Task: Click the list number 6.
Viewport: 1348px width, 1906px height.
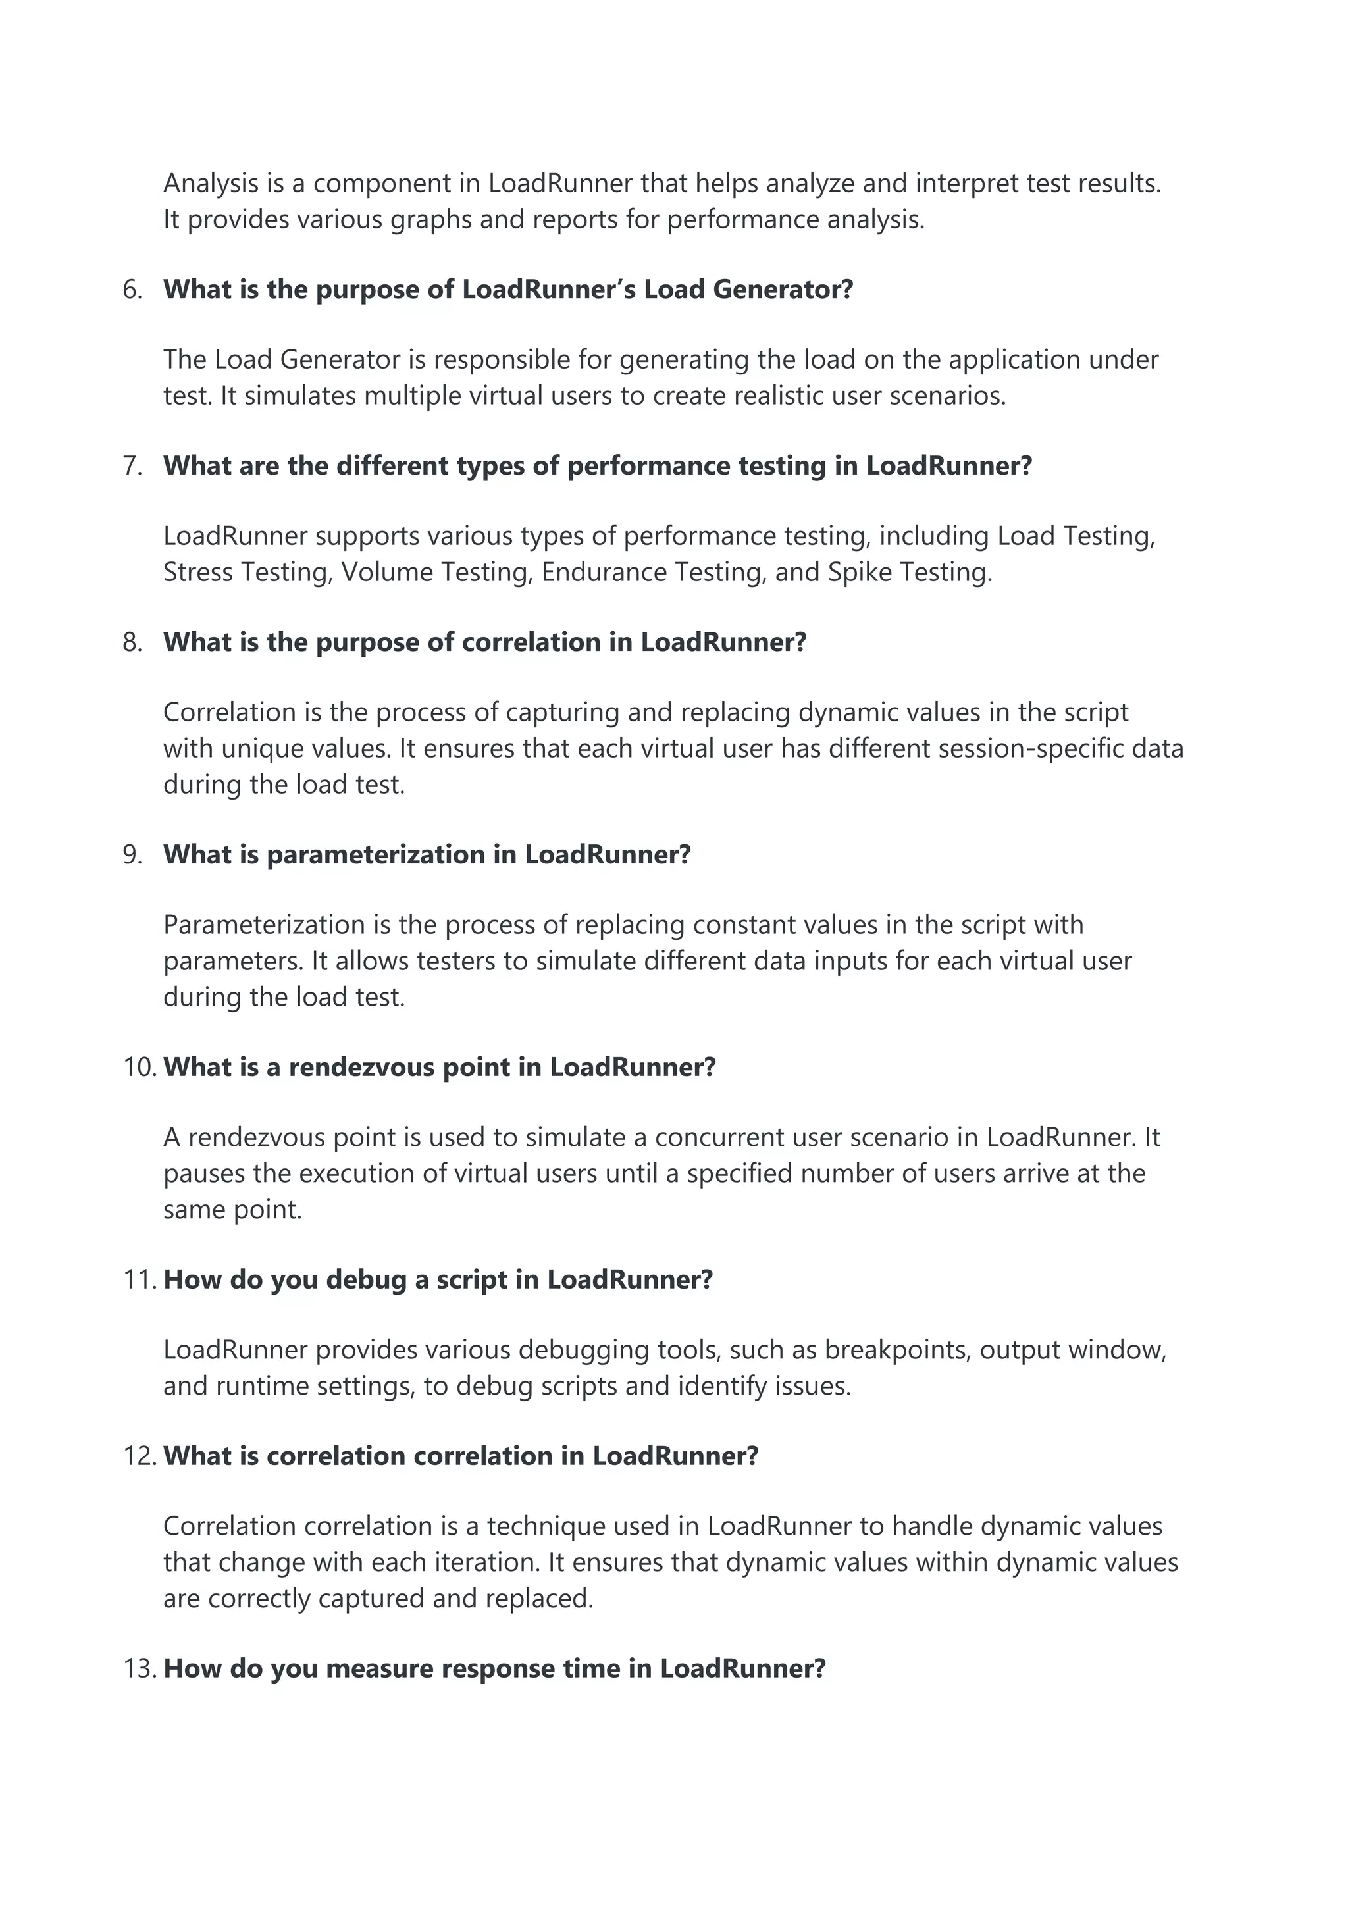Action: pos(132,290)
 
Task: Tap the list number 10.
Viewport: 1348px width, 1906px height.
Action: pos(139,1067)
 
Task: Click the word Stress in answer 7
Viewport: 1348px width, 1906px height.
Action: pos(197,572)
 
